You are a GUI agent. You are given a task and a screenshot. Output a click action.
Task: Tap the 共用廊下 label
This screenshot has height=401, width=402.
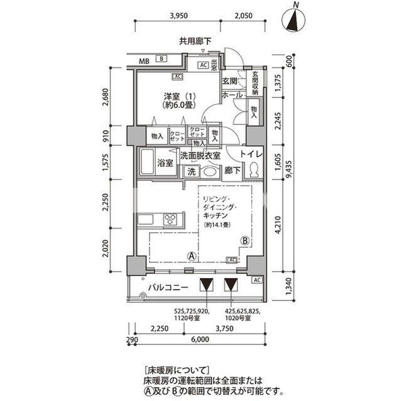(x=195, y=42)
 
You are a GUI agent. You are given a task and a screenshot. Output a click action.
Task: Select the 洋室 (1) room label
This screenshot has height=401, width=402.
(x=180, y=100)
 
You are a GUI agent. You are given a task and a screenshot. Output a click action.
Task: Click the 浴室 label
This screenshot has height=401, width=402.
(x=165, y=163)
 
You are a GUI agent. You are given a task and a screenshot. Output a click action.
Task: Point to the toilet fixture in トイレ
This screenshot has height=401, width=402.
(x=254, y=170)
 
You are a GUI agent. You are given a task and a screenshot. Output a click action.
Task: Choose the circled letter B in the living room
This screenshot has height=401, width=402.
(x=244, y=240)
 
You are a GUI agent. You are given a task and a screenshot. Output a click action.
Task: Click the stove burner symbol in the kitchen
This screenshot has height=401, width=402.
(x=171, y=219)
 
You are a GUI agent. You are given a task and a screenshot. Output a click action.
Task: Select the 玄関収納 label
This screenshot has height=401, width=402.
(x=256, y=83)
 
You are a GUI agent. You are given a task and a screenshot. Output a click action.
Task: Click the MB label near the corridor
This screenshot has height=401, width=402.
(x=144, y=60)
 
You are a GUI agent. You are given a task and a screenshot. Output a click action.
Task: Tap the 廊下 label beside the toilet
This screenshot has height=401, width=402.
(x=232, y=170)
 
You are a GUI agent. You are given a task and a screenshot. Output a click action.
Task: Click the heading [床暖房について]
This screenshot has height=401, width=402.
(x=177, y=370)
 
